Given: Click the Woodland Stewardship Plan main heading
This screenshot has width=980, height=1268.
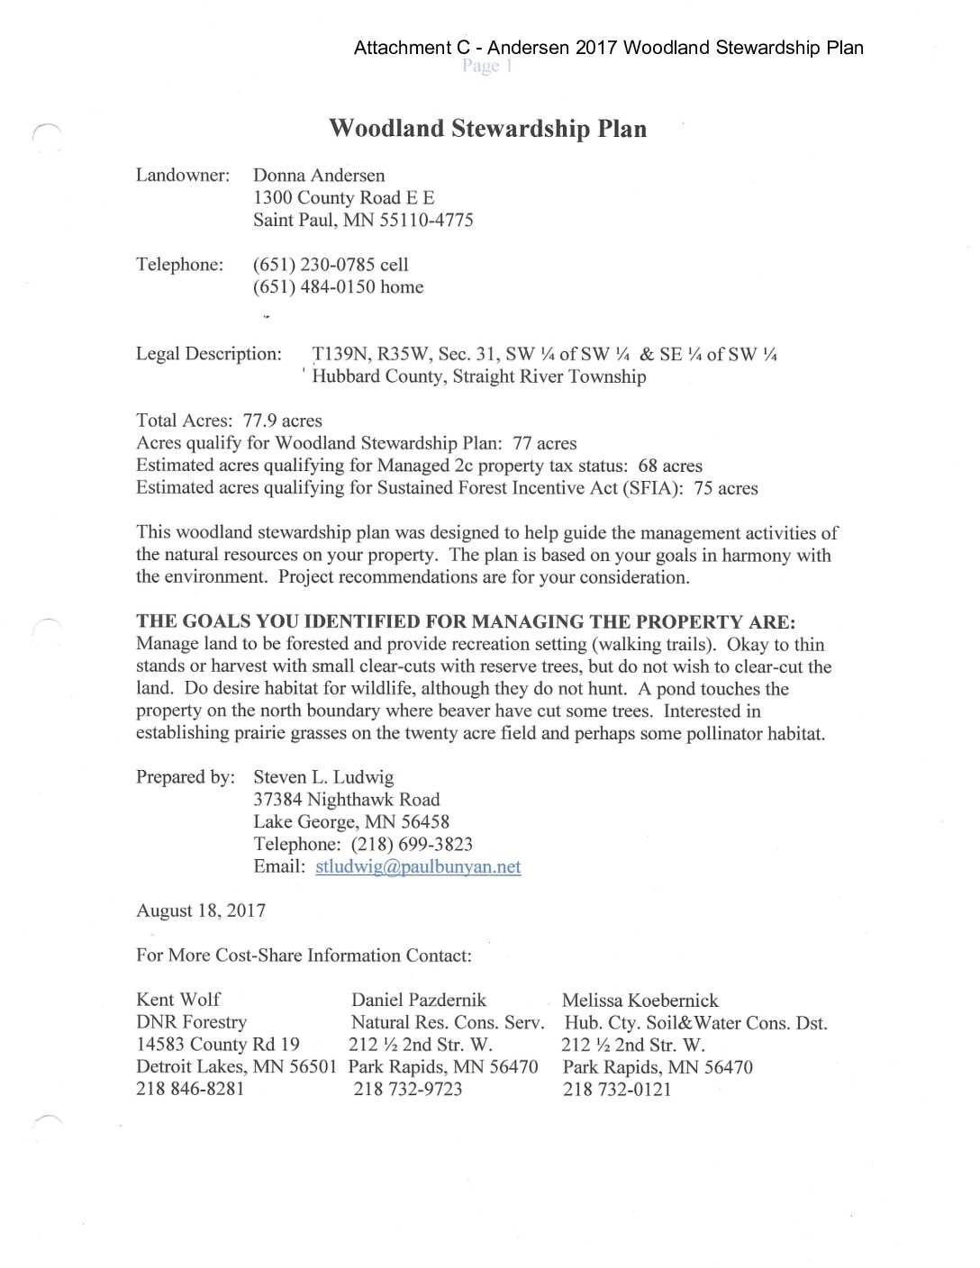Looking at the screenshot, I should click(x=487, y=129).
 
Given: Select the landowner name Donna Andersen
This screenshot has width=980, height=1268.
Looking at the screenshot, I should click(x=319, y=176).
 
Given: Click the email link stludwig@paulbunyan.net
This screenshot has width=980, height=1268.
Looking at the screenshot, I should click(x=418, y=866).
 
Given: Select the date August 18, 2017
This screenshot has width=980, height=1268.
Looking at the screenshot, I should click(x=201, y=910).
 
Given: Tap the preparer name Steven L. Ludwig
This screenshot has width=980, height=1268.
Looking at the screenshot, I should click(x=323, y=777).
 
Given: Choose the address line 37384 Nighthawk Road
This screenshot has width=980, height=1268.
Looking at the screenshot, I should click(x=347, y=800).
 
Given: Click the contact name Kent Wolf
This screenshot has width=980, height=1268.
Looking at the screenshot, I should click(x=178, y=1000).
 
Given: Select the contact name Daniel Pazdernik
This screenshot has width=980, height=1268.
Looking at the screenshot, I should click(x=419, y=1000).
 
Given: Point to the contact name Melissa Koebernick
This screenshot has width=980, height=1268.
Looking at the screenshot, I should click(x=640, y=1000).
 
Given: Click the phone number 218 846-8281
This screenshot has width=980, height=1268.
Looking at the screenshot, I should click(x=190, y=1089).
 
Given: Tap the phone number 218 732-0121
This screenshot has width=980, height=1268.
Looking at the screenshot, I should click(x=617, y=1089).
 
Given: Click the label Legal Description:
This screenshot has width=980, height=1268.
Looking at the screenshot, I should click(x=209, y=354).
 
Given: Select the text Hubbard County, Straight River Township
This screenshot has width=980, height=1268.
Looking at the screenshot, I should click(x=479, y=376).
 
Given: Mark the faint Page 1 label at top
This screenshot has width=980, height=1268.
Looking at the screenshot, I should click(x=486, y=66).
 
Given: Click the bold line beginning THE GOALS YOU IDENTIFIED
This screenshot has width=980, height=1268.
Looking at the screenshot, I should click(x=466, y=622).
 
